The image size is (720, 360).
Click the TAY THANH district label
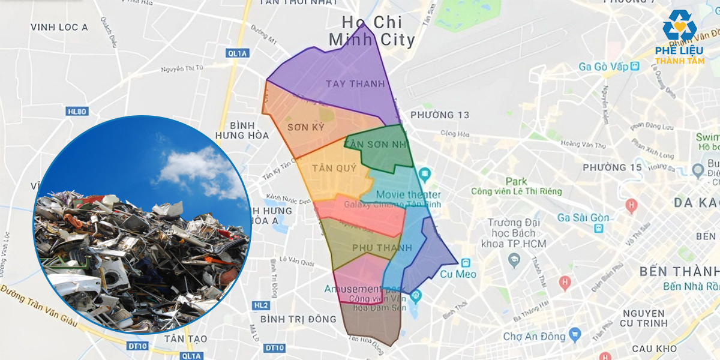pos(355,84)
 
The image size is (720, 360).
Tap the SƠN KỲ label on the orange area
pos(305,127)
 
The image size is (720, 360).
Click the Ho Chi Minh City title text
pos(371,31)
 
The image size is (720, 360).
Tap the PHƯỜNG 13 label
pos(440,115)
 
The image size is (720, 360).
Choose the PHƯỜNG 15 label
pos(612,167)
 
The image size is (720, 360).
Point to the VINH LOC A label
pos(59,27)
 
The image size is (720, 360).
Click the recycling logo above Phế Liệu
pos(679,25)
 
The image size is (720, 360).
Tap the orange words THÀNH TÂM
pos(679,61)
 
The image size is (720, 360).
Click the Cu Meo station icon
pos(466,263)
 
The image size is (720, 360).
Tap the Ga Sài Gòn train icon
pos(599,229)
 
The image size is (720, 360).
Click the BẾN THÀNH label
pos(679,271)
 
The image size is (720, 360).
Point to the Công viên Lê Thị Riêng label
pos(517,191)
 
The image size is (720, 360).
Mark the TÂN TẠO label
pos(187,339)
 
